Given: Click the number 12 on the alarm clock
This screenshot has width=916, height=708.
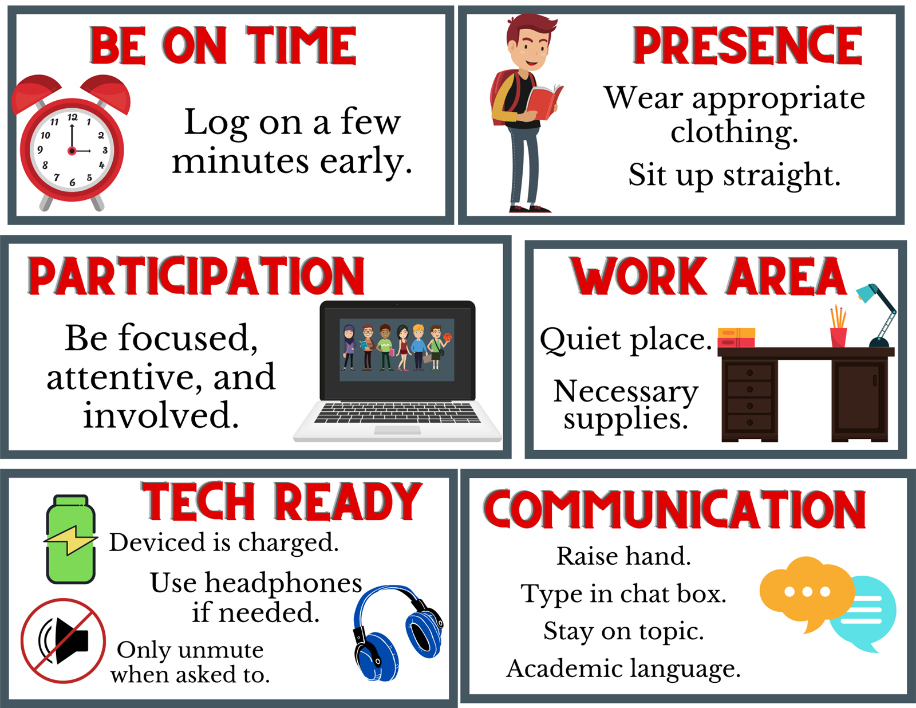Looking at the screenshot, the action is click(73, 117).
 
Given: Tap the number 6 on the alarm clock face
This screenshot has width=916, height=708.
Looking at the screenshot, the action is click(73, 183).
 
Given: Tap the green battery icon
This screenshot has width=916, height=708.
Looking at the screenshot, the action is click(71, 539).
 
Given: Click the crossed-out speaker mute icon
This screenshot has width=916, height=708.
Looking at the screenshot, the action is click(63, 640).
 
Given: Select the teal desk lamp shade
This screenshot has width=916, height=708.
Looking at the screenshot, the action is click(867, 293).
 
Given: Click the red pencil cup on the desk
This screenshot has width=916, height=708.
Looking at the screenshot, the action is click(838, 337).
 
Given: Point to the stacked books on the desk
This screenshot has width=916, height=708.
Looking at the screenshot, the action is click(736, 337).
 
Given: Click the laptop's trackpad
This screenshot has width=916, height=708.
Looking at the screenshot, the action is click(397, 430).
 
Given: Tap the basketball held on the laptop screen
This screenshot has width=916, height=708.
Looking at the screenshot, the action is click(448, 337).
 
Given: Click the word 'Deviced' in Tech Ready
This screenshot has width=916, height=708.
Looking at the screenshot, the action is click(158, 542).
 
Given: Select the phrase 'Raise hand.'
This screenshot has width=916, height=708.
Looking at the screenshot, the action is click(624, 556).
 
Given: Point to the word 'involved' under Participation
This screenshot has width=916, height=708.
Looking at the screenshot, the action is click(161, 415).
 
